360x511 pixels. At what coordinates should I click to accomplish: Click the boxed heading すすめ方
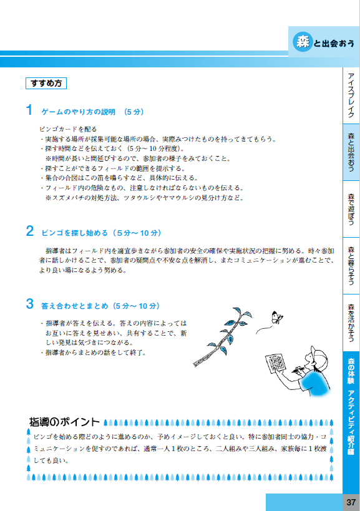tap(45, 83)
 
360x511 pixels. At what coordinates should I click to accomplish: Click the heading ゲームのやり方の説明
tap(78, 112)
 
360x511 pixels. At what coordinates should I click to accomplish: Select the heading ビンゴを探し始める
tap(75, 233)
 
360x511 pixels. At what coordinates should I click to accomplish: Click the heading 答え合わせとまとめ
tap(75, 306)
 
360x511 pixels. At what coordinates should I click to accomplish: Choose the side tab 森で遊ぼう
tap(351, 209)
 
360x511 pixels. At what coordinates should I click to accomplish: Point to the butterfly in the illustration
tap(276, 318)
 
